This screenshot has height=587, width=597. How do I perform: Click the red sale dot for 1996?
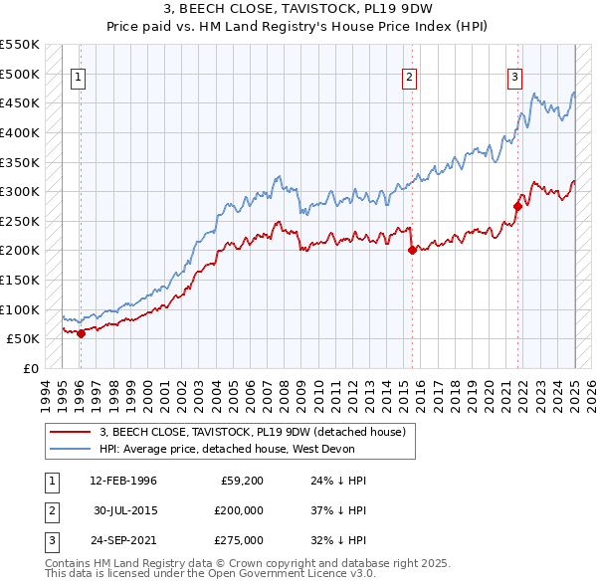coord(82,333)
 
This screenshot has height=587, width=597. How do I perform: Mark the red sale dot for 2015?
coord(412,250)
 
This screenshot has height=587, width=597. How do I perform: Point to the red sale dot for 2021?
coord(517,206)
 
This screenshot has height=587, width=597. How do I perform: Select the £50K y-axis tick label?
coord(24,338)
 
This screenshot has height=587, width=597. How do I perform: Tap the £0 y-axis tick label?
coord(30,368)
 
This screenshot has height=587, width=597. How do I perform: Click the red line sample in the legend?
coord(71,432)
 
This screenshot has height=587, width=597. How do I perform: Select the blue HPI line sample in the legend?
coord(71,449)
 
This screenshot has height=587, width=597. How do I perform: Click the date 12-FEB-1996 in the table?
coord(123,481)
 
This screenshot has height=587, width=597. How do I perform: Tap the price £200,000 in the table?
coord(239,510)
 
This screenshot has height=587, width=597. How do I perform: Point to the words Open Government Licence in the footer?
coord(283,574)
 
